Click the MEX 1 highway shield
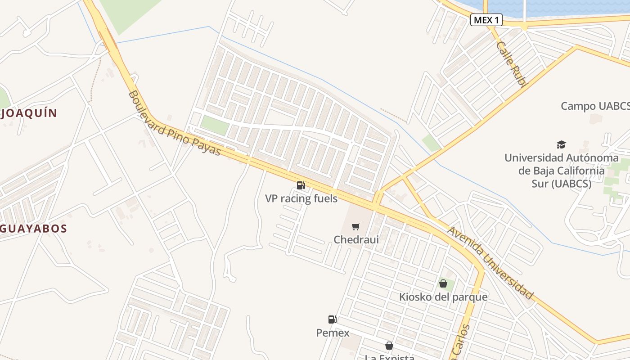(x=486, y=20)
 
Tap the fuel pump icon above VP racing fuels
(x=301, y=185)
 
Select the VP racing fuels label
(x=301, y=198)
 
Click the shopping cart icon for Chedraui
(x=356, y=226)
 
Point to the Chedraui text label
(x=356, y=239)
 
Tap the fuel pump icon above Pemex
(x=333, y=319)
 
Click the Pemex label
(x=333, y=333)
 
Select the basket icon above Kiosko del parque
(x=443, y=283)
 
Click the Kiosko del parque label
(x=443, y=297)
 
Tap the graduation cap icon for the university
(x=561, y=144)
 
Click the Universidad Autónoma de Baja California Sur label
(x=561, y=171)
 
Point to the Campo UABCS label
(x=595, y=106)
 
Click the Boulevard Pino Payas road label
(x=174, y=123)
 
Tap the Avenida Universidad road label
(x=490, y=263)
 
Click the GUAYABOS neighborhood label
(x=33, y=229)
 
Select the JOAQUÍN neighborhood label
(x=30, y=113)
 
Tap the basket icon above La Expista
(x=389, y=346)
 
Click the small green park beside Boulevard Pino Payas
(x=215, y=125)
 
